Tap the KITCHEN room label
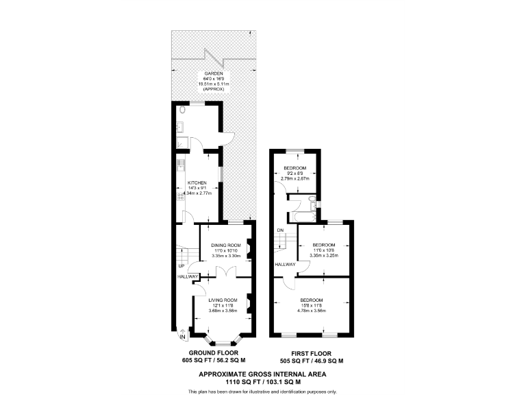coord(197,182)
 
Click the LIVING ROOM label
coord(223,300)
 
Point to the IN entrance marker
coord(182,337)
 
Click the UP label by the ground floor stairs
coord(181,266)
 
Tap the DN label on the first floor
coord(280,230)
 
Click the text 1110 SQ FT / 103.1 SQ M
coord(262,381)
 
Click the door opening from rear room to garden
coord(229,137)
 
